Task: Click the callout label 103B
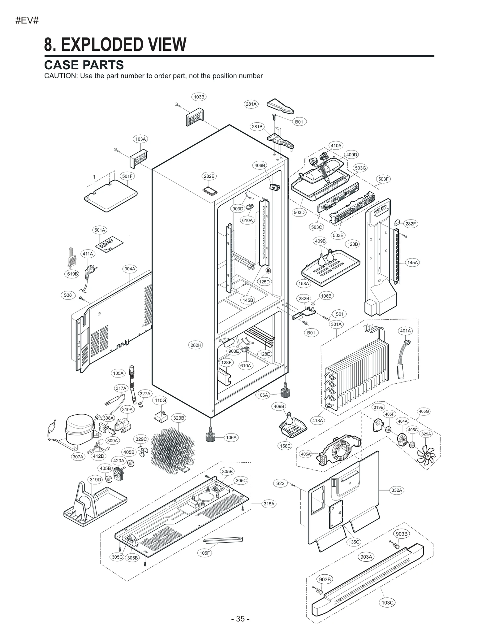pyautogui.click(x=199, y=97)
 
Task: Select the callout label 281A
pyautogui.click(x=251, y=104)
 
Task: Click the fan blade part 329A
pyautogui.click(x=426, y=455)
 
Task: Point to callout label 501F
pyautogui.click(x=127, y=176)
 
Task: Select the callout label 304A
pyautogui.click(x=130, y=269)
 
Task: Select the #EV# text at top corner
pyautogui.click(x=27, y=21)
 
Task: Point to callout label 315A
pyautogui.click(x=269, y=504)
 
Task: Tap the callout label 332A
pyautogui.click(x=397, y=490)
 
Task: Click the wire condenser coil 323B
pyautogui.click(x=172, y=448)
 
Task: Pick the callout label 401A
pyautogui.click(x=405, y=331)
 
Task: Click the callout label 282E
pyautogui.click(x=209, y=176)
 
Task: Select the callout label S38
pyautogui.click(x=68, y=295)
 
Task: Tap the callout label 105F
pyautogui.click(x=204, y=553)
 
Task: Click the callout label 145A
pyautogui.click(x=412, y=263)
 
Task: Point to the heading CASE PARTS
pyautogui.click(x=84, y=65)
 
